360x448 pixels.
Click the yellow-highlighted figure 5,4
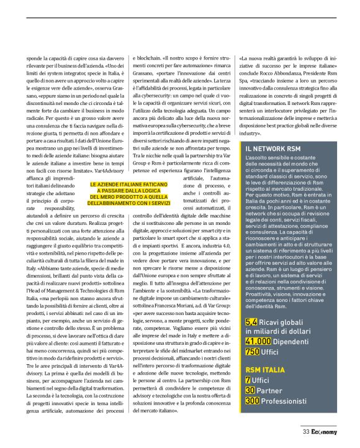[x=251, y=322]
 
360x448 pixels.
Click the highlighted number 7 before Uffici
[x=248, y=380]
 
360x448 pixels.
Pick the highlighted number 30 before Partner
[x=250, y=390]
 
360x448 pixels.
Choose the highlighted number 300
[x=253, y=401]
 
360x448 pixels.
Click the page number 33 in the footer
[x=306, y=432]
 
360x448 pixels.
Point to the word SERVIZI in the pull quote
[x=158, y=186]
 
